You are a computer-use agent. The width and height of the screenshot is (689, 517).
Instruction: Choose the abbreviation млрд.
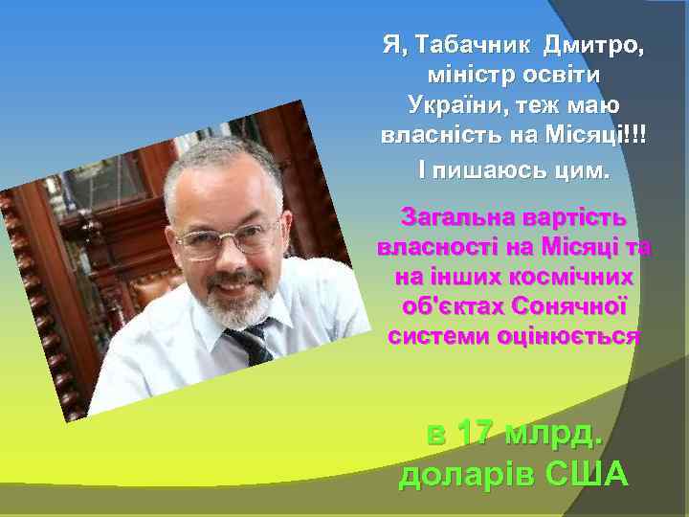tap(553, 432)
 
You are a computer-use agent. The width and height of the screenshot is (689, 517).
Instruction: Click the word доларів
tap(466, 473)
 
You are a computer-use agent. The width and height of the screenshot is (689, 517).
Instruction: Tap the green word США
tap(586, 473)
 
